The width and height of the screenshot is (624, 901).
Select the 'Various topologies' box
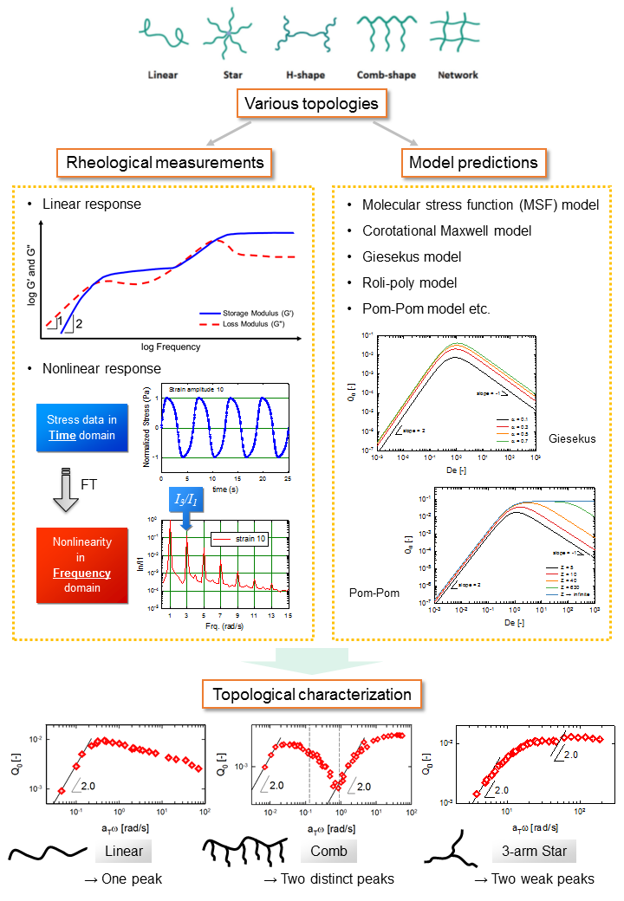tap(311, 104)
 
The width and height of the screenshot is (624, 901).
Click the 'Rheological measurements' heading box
tap(160, 162)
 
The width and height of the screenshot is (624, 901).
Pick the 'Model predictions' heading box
tap(473, 162)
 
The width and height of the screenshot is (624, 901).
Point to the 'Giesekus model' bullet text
tap(413, 256)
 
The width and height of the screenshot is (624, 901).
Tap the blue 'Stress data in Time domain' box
tap(82, 428)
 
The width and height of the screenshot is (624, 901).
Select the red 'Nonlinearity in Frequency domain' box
tap(82, 565)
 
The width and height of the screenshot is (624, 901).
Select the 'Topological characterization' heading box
tap(312, 694)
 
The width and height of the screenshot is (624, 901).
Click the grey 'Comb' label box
tap(328, 851)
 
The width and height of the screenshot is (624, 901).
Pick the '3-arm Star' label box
tap(535, 851)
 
